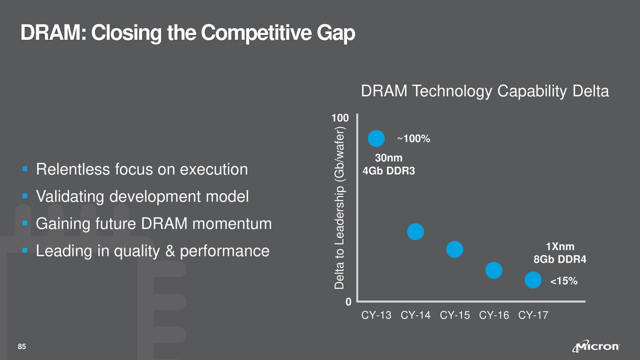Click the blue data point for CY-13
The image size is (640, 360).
click(x=376, y=138)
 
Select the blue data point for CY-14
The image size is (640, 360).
click(x=415, y=231)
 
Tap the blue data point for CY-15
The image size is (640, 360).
click(x=454, y=249)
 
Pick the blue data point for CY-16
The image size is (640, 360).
click(x=493, y=270)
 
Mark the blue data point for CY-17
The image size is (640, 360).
click(x=533, y=280)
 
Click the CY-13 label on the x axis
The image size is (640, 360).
click(x=376, y=315)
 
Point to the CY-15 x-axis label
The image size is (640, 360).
click(x=454, y=315)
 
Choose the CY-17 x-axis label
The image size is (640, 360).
click(x=533, y=315)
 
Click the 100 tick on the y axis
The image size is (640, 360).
click(x=340, y=119)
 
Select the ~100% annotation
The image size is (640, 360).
click(x=413, y=138)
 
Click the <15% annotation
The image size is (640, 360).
click(x=563, y=282)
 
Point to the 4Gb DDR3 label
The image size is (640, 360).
click(x=388, y=171)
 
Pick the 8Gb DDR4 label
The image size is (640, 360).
click(x=559, y=260)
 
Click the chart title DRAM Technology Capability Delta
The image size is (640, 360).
click(x=484, y=92)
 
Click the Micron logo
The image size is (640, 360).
click(x=598, y=347)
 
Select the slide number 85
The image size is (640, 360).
click(x=22, y=347)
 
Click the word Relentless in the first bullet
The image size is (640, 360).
click(x=71, y=169)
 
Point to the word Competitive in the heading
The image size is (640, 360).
click(x=257, y=33)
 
